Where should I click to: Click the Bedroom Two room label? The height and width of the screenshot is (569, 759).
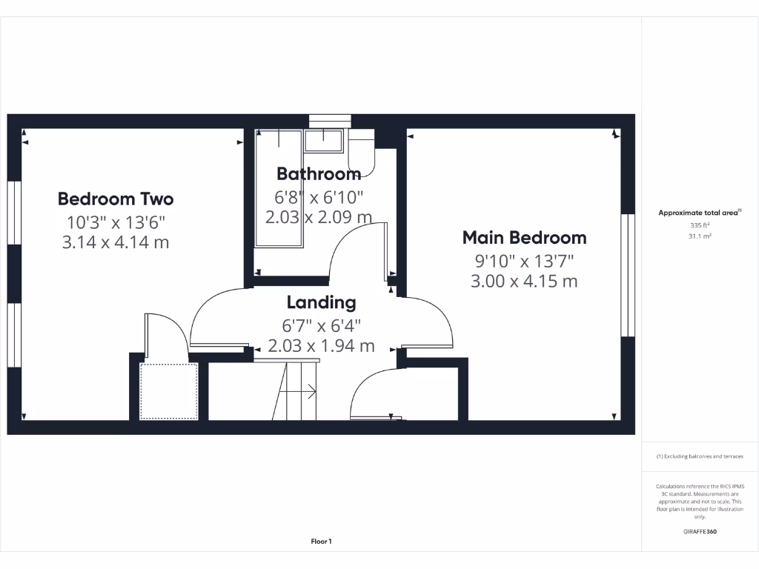coord(116,199)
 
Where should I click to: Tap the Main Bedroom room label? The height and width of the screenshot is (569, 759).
coord(524,238)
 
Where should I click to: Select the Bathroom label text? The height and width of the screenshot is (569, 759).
coord(319,174)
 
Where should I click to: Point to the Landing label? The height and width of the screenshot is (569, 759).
coord(321,302)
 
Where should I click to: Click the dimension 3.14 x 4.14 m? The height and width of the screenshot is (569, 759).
coord(116,242)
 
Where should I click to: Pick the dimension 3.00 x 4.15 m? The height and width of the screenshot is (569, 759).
coord(524,281)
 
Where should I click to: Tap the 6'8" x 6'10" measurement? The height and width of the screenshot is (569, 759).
coord(319,197)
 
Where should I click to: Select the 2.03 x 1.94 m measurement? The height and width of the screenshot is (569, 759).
coord(321,346)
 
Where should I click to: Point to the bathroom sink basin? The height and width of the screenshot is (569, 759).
coord(323,141)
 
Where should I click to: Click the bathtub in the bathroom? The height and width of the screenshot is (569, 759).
coord(279,189)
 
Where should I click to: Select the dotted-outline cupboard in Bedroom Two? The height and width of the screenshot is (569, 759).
coord(169,391)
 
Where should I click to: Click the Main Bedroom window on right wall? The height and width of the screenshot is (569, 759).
coord(628,275)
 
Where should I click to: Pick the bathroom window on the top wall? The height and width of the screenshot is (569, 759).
coord(330,121)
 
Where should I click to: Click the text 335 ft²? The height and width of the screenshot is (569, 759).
coord(700,225)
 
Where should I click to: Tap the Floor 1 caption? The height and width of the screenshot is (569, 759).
coord(321,542)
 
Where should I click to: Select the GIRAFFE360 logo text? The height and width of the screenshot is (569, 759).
coord(700,531)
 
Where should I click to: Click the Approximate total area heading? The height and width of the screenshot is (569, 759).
coord(699,213)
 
